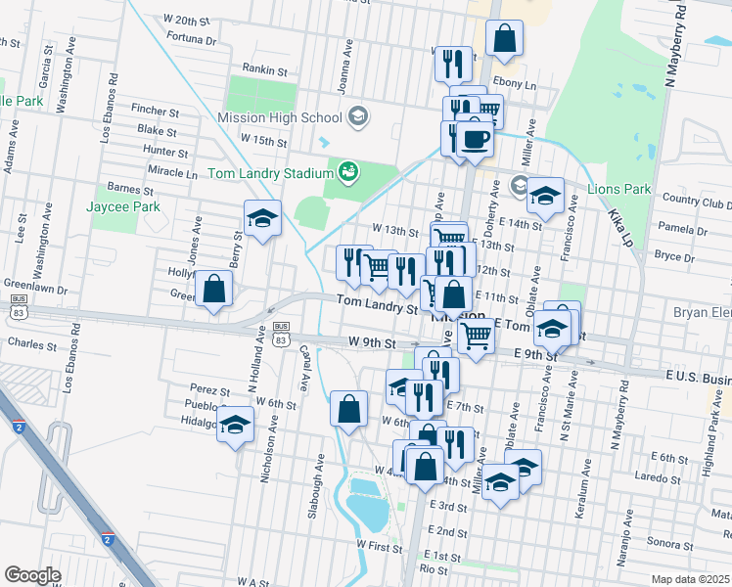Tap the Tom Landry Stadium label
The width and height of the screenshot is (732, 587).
pos(271,174)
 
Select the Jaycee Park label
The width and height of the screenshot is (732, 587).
pos(122,207)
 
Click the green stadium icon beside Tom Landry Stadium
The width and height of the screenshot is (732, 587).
pos(346,173)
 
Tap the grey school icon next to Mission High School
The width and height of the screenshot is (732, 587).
pos(357,116)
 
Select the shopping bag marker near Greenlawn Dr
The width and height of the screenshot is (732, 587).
pos(213,289)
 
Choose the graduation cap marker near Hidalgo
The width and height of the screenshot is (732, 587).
pos(235,425)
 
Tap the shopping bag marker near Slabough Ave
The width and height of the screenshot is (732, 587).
pos(348,408)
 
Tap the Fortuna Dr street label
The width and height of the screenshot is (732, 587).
pos(192,41)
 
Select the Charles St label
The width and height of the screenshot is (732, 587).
pos(24,344)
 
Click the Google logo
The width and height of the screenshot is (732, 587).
pos(32,575)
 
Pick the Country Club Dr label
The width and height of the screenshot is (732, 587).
pos(696,203)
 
